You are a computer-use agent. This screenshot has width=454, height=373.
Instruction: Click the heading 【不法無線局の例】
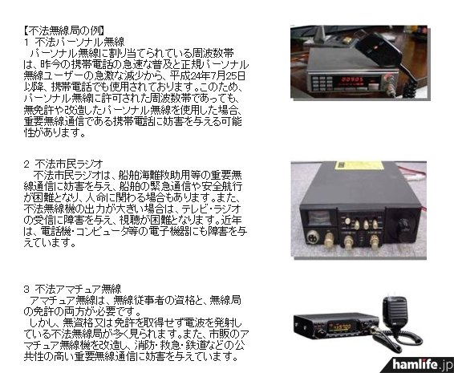coord(64,30)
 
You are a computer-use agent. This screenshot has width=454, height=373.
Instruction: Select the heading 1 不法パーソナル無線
coord(74,42)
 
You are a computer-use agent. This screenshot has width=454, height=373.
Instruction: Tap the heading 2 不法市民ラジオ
coord(63,164)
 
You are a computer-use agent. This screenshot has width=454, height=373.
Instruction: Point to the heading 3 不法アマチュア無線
coord(73,289)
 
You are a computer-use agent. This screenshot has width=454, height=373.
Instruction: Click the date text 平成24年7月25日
coord(207,76)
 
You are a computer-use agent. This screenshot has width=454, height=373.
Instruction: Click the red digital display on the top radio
coord(352,79)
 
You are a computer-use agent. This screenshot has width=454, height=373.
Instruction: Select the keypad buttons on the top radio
coord(322,83)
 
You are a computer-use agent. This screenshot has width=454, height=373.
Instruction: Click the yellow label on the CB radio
coord(359,165)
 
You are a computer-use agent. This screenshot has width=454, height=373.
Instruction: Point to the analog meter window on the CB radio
coord(319,217)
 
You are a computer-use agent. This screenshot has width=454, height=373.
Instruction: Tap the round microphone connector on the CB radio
coord(313,237)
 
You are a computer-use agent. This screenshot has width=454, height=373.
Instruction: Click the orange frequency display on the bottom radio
coord(343,327)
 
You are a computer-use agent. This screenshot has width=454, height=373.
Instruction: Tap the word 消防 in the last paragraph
coord(145,345)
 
